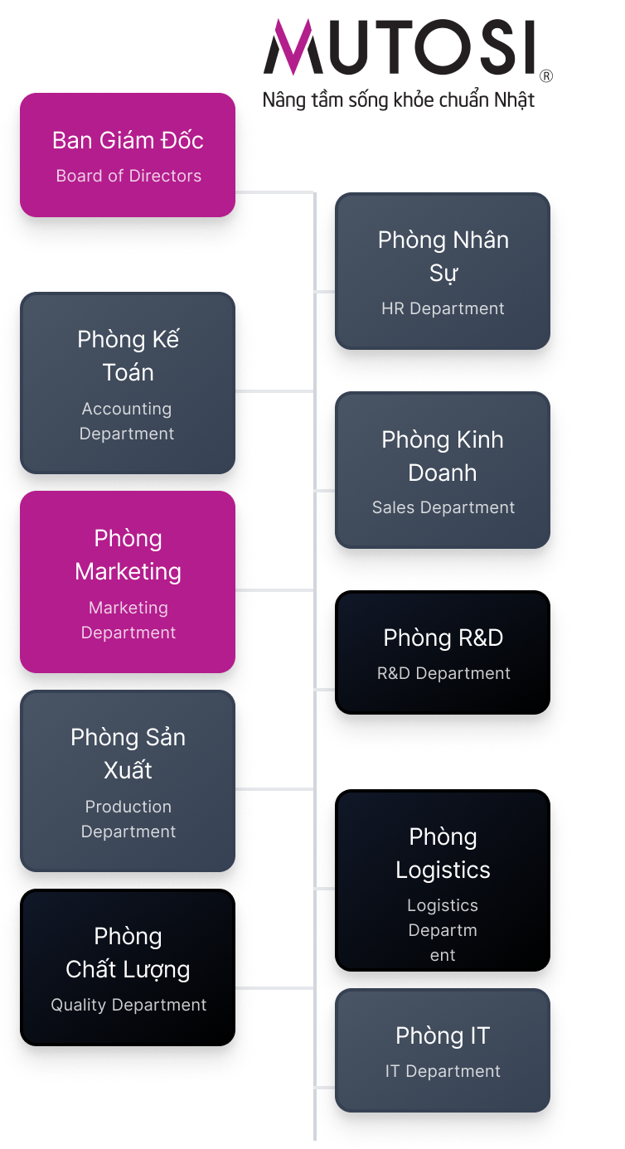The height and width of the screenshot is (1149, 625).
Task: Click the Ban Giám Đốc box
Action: [x=128, y=155]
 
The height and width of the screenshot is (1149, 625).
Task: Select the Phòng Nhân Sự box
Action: [x=443, y=271]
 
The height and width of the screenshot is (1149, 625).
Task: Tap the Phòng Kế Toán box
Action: [x=128, y=383]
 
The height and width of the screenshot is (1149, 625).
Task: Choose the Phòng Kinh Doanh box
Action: [x=443, y=470]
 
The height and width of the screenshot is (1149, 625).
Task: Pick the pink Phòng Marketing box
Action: [x=128, y=582]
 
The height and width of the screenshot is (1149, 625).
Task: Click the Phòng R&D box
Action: [x=443, y=652]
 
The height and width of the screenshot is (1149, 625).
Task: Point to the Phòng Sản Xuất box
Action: [x=128, y=781]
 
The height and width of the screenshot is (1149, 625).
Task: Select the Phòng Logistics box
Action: [x=443, y=880]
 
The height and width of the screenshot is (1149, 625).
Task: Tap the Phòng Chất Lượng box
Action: [x=128, y=967]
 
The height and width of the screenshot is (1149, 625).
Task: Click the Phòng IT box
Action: [x=443, y=1050]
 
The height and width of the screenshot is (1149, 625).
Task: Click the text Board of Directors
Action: [x=128, y=176]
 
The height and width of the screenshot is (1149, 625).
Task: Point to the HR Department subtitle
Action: [x=443, y=308]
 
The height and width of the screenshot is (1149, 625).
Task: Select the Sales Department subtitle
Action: [x=443, y=507]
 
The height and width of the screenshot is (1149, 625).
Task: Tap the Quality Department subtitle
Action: [x=128, y=1005]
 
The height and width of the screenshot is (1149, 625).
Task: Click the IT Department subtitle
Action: [x=443, y=1071]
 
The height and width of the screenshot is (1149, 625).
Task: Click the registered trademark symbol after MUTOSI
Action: [x=545, y=76]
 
